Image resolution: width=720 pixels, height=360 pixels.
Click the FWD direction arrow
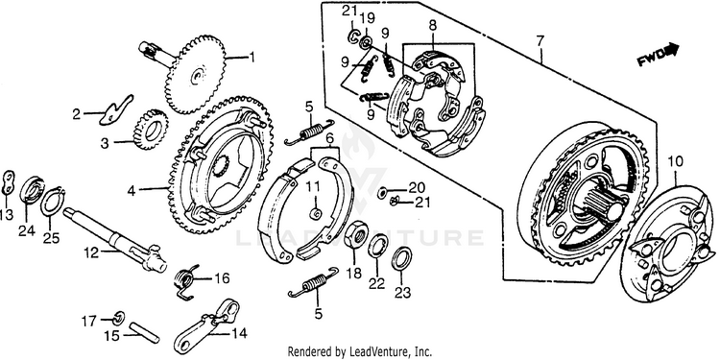pyautogui.click(x=658, y=54)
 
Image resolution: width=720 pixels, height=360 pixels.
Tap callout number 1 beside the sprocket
pyautogui.click(x=251, y=58)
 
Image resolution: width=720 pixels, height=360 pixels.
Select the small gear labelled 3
pyautogui.click(x=151, y=130)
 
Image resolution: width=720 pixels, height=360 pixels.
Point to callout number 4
pyautogui.click(x=132, y=191)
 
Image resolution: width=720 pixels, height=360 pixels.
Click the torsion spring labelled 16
pyautogui.click(x=187, y=282)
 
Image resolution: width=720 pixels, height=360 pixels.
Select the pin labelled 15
pyautogui.click(x=145, y=332)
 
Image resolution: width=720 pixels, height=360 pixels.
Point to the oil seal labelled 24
pyautogui.click(x=32, y=190)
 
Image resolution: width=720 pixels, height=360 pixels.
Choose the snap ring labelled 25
pyautogui.click(x=53, y=202)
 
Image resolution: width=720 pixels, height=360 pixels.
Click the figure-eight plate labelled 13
pyautogui.click(x=9, y=182)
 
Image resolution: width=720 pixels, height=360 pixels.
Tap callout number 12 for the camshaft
pyautogui.click(x=91, y=252)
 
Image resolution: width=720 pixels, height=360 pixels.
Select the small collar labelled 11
pyautogui.click(x=316, y=213)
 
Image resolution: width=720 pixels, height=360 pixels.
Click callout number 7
pyautogui.click(x=540, y=42)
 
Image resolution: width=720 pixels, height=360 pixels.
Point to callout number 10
pyautogui.click(x=676, y=161)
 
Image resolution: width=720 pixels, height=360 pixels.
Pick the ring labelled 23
pyautogui.click(x=401, y=259)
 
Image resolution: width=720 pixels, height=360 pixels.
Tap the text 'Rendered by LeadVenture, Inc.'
pyautogui.click(x=360, y=352)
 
